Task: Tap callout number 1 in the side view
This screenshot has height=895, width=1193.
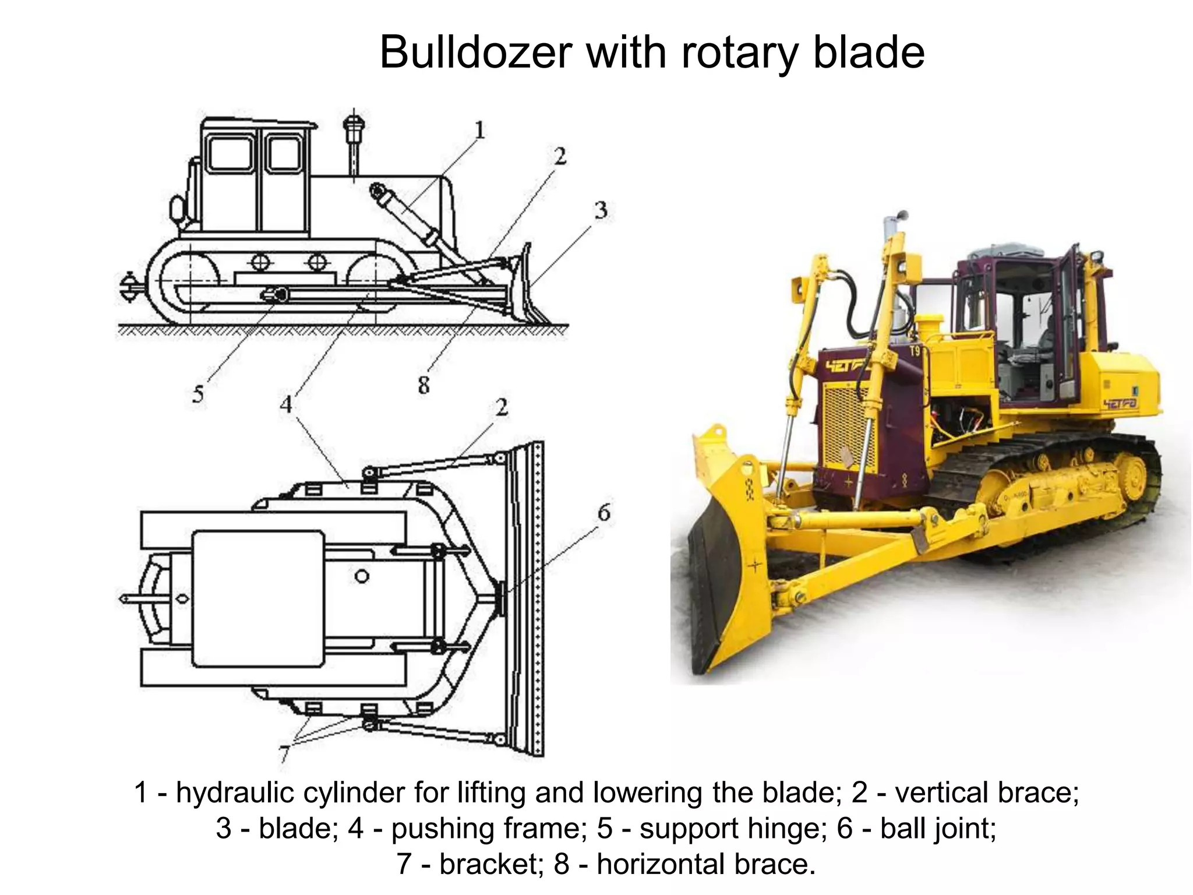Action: click(479, 130)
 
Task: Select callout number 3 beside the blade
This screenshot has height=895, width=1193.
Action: click(601, 210)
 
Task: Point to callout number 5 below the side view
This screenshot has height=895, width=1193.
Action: click(198, 394)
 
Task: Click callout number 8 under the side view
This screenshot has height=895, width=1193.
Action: click(423, 385)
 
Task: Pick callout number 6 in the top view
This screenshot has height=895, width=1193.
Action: click(604, 513)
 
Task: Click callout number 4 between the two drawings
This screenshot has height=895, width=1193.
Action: click(285, 404)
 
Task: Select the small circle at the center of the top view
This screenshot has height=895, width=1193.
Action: click(362, 576)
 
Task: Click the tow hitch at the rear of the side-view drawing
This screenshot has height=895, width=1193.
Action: click(129, 287)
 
